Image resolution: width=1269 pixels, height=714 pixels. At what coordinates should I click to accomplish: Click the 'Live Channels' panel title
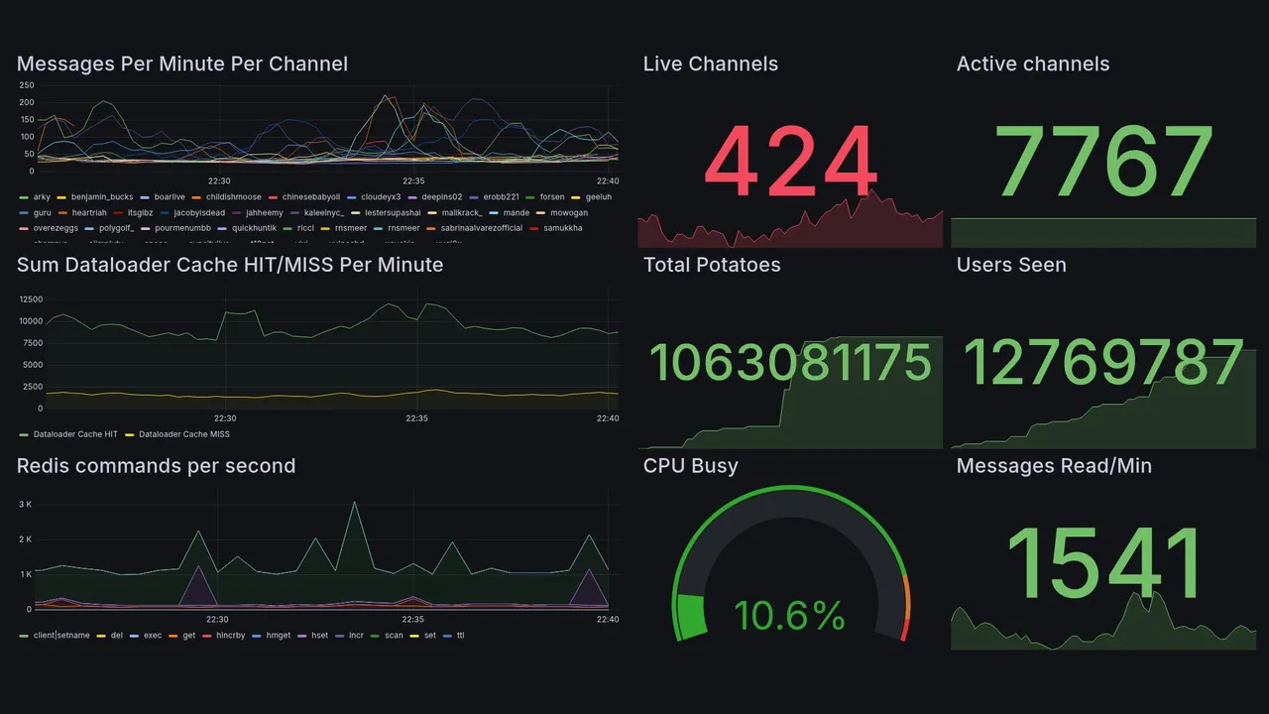(x=710, y=64)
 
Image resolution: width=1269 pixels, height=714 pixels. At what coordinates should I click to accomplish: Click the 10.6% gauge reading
(x=789, y=616)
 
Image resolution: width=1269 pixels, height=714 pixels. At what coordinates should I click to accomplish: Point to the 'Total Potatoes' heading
(x=711, y=265)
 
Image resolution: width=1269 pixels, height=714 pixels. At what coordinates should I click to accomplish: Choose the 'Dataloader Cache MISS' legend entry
(x=183, y=434)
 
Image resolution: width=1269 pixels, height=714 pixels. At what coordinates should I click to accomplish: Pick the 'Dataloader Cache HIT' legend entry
(x=75, y=434)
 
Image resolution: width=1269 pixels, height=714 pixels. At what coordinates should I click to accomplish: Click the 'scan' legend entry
(x=394, y=635)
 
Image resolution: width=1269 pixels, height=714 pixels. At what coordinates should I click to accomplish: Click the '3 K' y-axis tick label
(x=26, y=505)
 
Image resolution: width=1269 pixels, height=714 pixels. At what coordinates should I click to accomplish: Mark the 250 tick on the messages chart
(x=27, y=85)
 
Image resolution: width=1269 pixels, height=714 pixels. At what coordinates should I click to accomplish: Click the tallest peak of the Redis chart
(x=354, y=503)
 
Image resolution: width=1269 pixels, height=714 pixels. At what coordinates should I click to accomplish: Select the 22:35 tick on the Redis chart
(x=412, y=620)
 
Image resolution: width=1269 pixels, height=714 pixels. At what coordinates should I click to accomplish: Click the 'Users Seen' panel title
(x=1010, y=265)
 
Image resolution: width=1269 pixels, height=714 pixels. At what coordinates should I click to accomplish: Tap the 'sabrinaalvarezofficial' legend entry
(x=481, y=228)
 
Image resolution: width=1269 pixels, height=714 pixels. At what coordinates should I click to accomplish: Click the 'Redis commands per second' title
(x=156, y=466)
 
